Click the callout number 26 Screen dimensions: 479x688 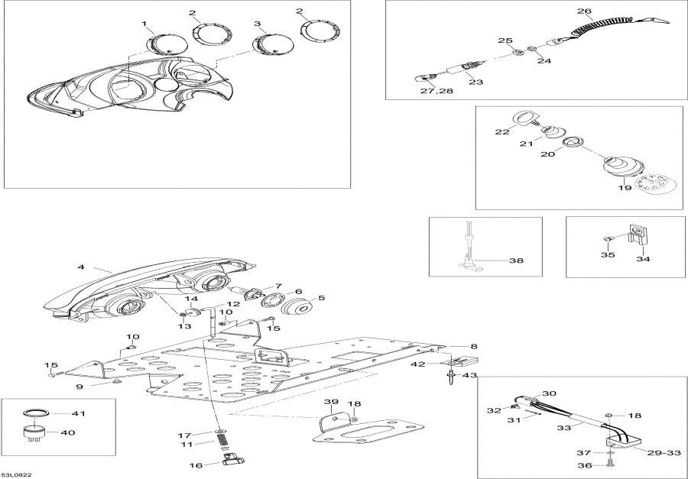click(584, 11)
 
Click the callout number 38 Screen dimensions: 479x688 click(516, 260)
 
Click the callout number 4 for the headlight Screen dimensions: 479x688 click(80, 267)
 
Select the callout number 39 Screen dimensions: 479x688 click(330, 402)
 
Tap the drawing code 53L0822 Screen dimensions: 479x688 click(17, 474)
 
